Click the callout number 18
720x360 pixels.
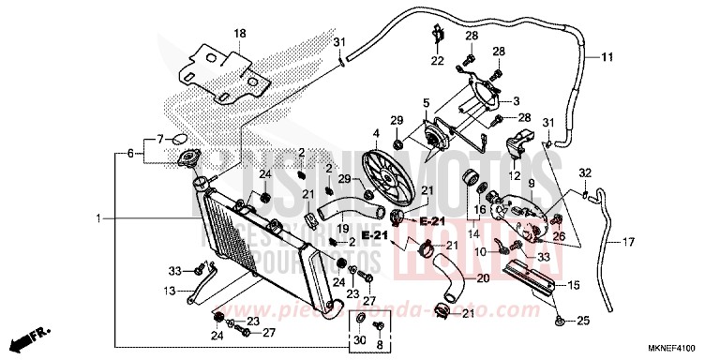239,34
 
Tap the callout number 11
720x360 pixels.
607,57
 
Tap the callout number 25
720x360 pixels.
583,322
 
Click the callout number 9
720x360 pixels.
531,183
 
